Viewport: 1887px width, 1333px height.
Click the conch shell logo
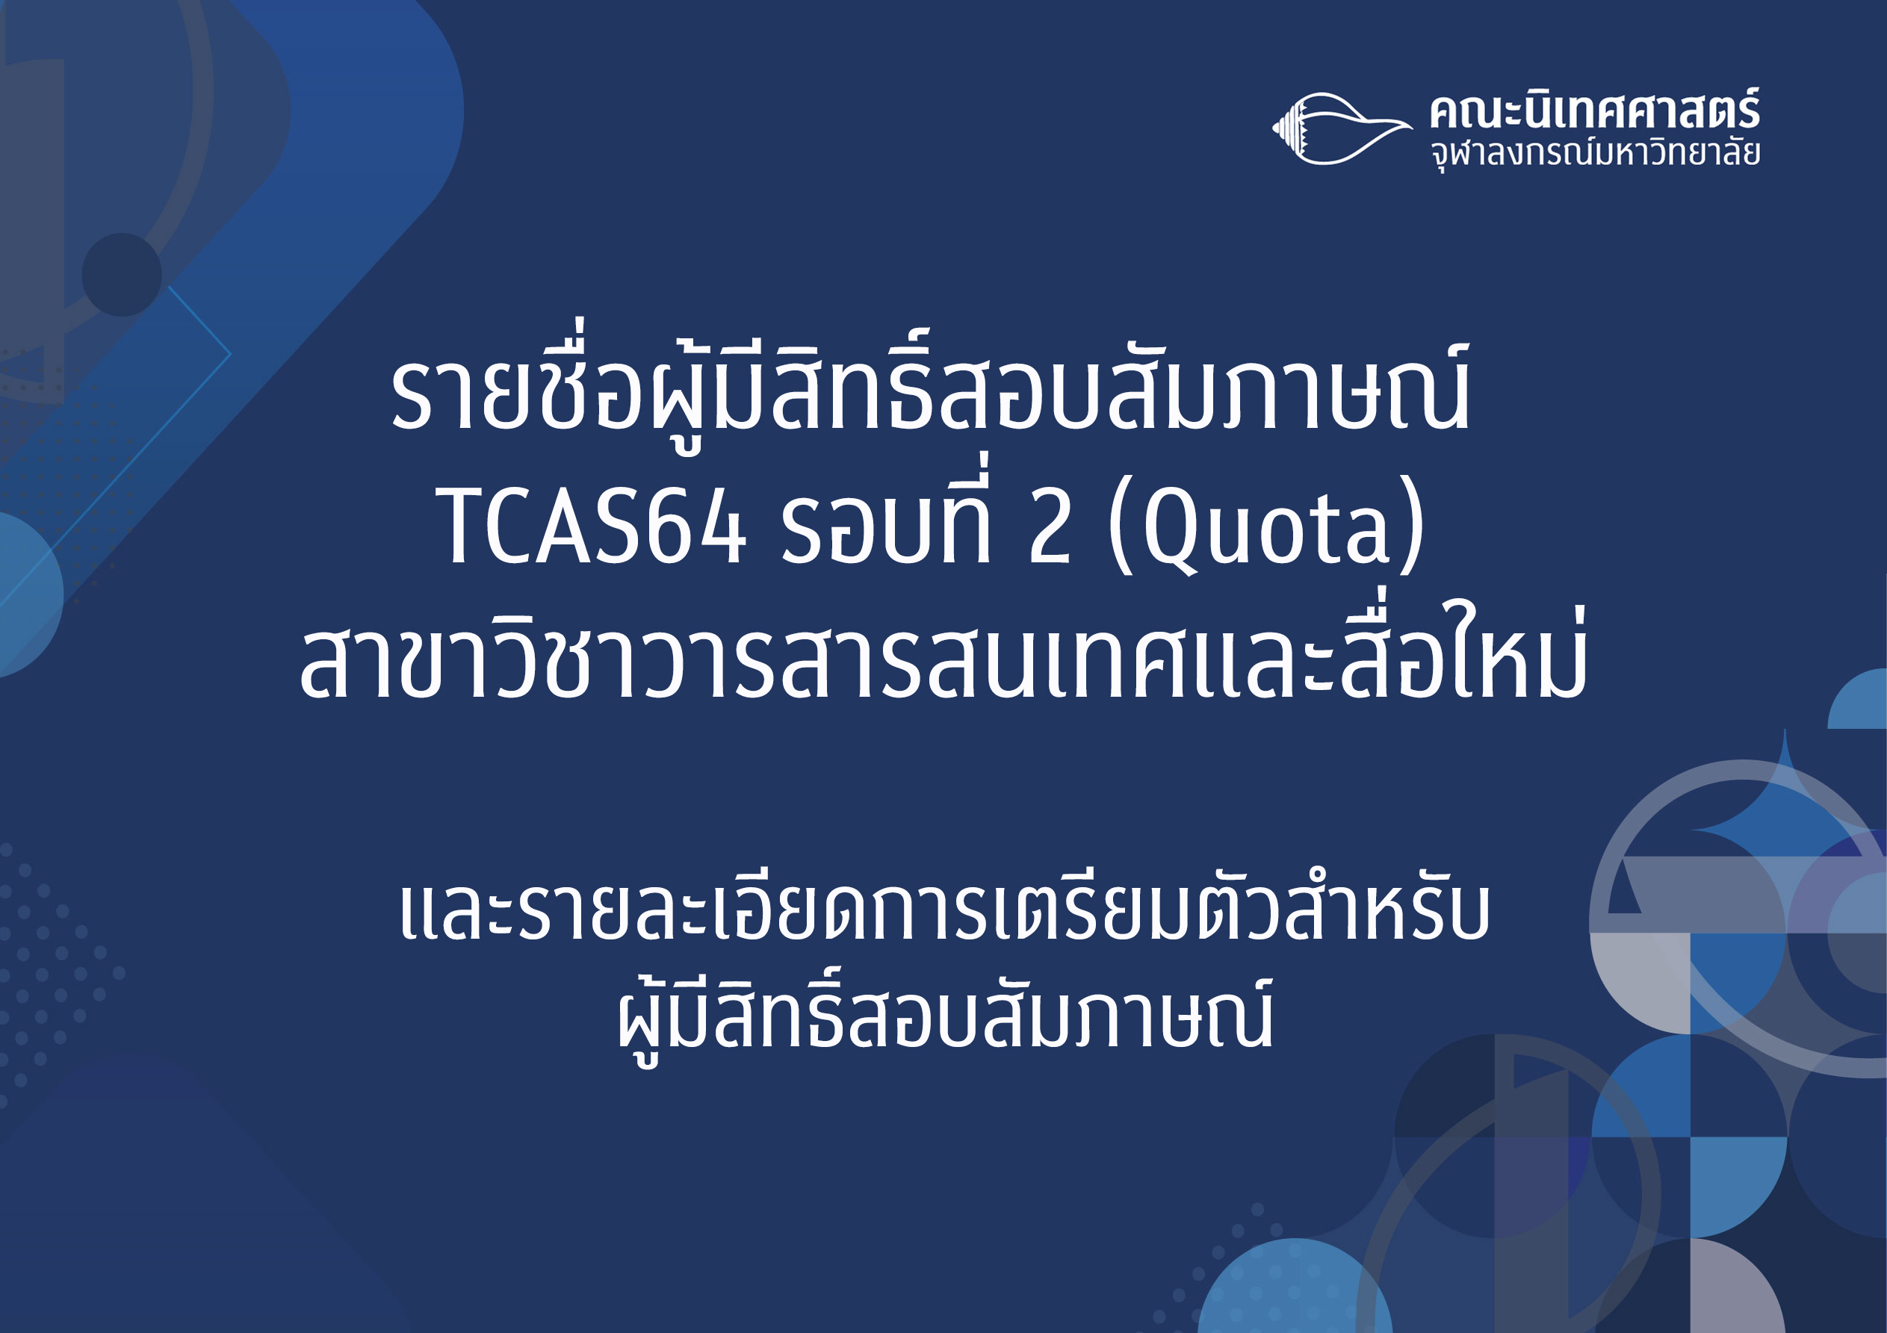point(1341,128)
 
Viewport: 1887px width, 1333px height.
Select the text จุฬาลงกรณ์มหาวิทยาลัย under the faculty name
point(1595,154)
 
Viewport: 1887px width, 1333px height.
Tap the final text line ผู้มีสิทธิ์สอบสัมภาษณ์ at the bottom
point(945,1014)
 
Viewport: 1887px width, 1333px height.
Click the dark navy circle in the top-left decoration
point(122,275)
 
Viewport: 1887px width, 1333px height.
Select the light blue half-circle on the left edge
point(29,594)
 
